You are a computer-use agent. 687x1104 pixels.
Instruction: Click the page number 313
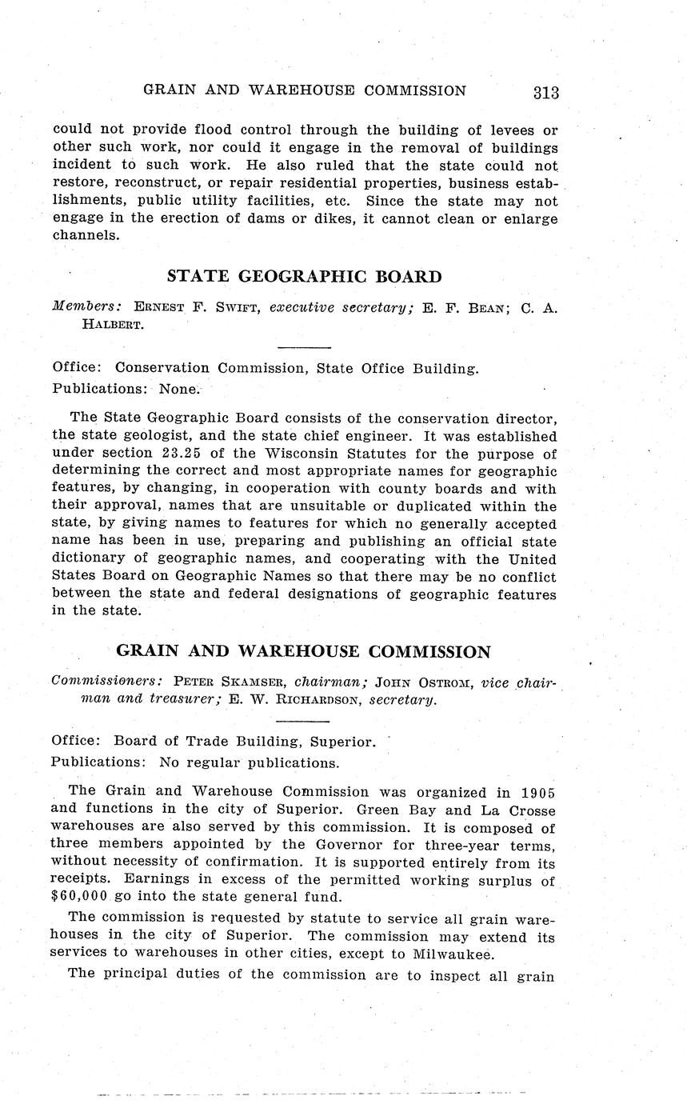pyautogui.click(x=545, y=93)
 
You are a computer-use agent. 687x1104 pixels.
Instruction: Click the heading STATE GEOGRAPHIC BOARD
pyautogui.click(x=304, y=277)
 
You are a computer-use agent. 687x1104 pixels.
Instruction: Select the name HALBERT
pyautogui.click(x=111, y=325)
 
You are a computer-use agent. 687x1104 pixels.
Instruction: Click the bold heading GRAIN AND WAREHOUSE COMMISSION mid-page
pyautogui.click(x=304, y=651)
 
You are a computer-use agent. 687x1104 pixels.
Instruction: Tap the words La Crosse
pyautogui.click(x=517, y=810)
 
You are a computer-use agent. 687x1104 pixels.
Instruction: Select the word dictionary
pyautogui.click(x=89, y=560)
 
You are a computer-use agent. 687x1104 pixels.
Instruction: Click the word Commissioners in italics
pyautogui.click(x=107, y=682)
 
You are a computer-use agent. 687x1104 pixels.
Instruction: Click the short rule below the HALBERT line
pyautogui.click(x=304, y=347)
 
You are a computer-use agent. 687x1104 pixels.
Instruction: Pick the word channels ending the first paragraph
pyautogui.click(x=85, y=237)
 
